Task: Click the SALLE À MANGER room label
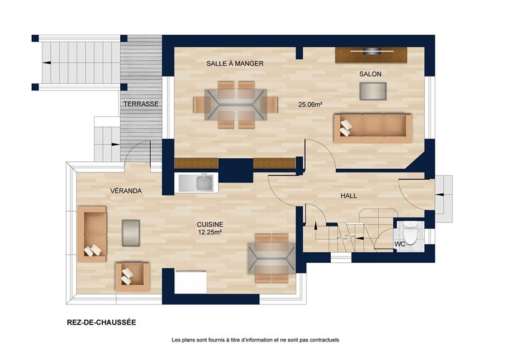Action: pyautogui.click(x=235, y=64)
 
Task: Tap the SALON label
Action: pyautogui.click(x=370, y=74)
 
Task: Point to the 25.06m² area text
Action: pyautogui.click(x=310, y=105)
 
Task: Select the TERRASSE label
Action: pyautogui.click(x=140, y=104)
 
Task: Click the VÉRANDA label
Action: pyautogui.click(x=126, y=191)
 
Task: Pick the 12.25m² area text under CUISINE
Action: pyautogui.click(x=210, y=232)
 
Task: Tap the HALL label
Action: pyautogui.click(x=349, y=196)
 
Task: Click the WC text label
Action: pyautogui.click(x=400, y=244)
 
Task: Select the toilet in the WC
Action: pyautogui.click(x=411, y=231)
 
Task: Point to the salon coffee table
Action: pyautogui.click(x=372, y=92)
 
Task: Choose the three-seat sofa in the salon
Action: pyautogui.click(x=372, y=127)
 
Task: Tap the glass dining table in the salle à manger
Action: pyautogui.click(x=235, y=104)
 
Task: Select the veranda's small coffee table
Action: pyautogui.click(x=131, y=232)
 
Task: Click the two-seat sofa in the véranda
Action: pyautogui.click(x=92, y=233)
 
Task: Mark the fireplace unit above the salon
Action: pyautogui.click(x=371, y=54)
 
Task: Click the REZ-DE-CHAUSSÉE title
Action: pyautogui.click(x=101, y=323)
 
